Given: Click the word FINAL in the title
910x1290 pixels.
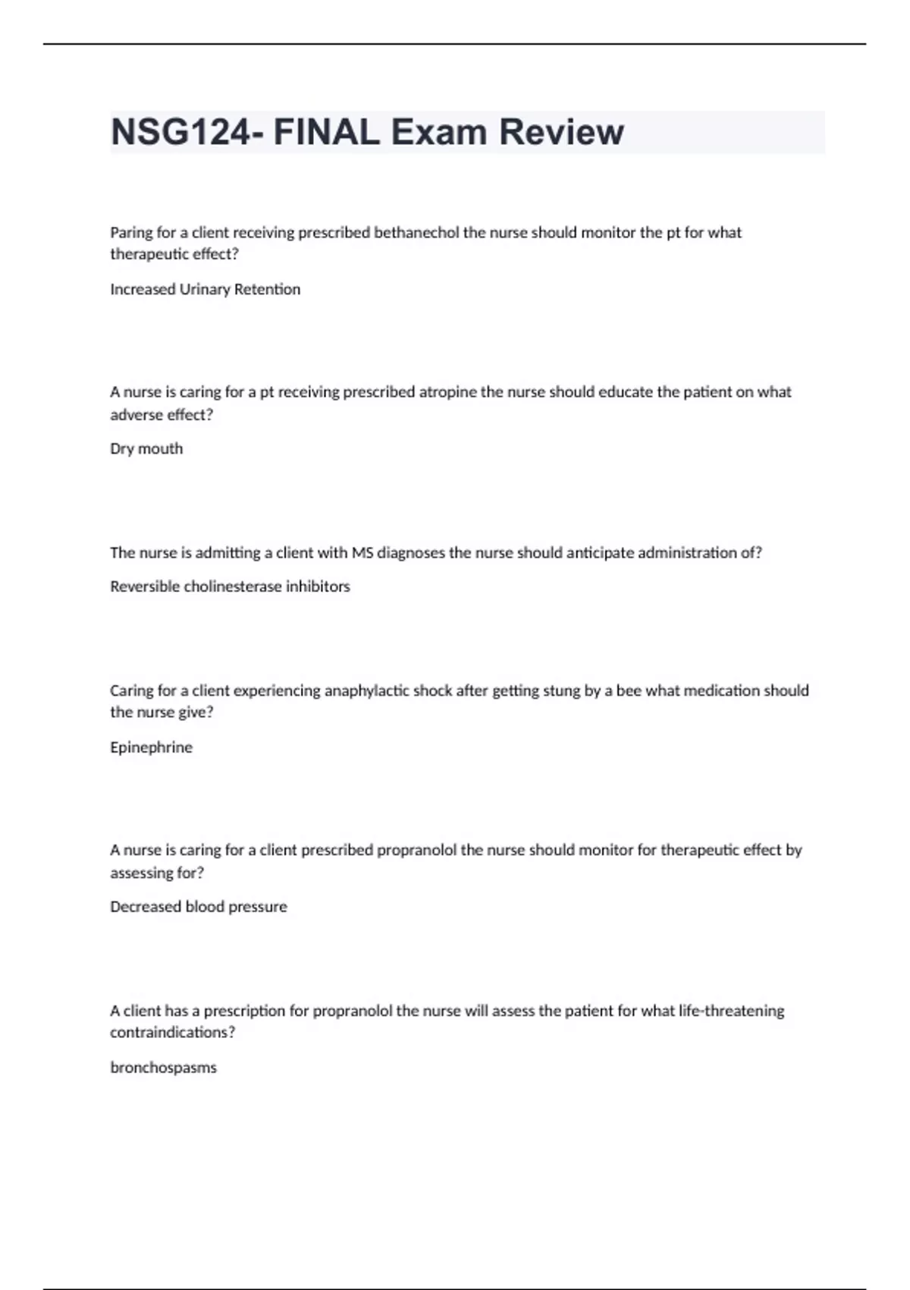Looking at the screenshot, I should click(326, 132).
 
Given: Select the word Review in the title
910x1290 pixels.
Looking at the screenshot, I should click(561, 132).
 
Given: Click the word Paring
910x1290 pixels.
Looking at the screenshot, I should click(131, 233).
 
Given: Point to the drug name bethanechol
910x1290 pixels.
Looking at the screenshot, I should click(416, 232).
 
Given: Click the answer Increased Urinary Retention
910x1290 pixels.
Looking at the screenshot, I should click(205, 289).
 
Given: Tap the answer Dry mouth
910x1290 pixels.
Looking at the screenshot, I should click(146, 448).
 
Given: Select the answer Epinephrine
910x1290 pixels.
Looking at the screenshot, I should click(151, 747).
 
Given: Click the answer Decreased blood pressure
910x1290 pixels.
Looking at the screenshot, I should click(199, 907).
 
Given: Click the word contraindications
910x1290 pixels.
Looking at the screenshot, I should click(168, 1033).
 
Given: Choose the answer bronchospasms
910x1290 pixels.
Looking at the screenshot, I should click(163, 1068).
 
